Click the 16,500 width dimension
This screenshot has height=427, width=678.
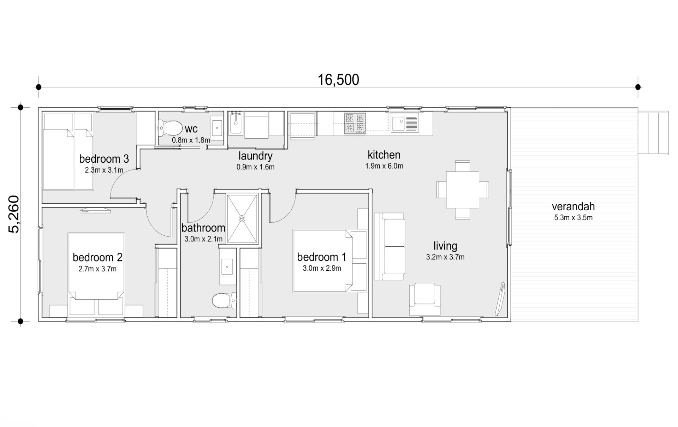(338, 80)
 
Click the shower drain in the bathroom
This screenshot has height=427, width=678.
(242, 219)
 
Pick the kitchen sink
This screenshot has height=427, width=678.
(404, 122)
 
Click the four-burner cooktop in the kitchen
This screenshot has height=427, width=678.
(355, 123)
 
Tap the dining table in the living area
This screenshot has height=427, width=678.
(463, 190)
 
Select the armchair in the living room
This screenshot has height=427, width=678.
(425, 299)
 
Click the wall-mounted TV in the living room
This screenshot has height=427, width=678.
(500, 300)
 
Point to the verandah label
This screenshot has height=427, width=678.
(573, 206)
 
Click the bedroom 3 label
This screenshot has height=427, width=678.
(104, 159)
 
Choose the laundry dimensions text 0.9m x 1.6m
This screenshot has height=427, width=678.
(255, 167)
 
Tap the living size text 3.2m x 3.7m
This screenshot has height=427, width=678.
(445, 257)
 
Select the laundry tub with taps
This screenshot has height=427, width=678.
(235, 123)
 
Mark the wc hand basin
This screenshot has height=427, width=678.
(217, 126)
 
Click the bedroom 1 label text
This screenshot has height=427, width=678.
(322, 257)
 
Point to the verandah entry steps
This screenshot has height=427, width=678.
(653, 133)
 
